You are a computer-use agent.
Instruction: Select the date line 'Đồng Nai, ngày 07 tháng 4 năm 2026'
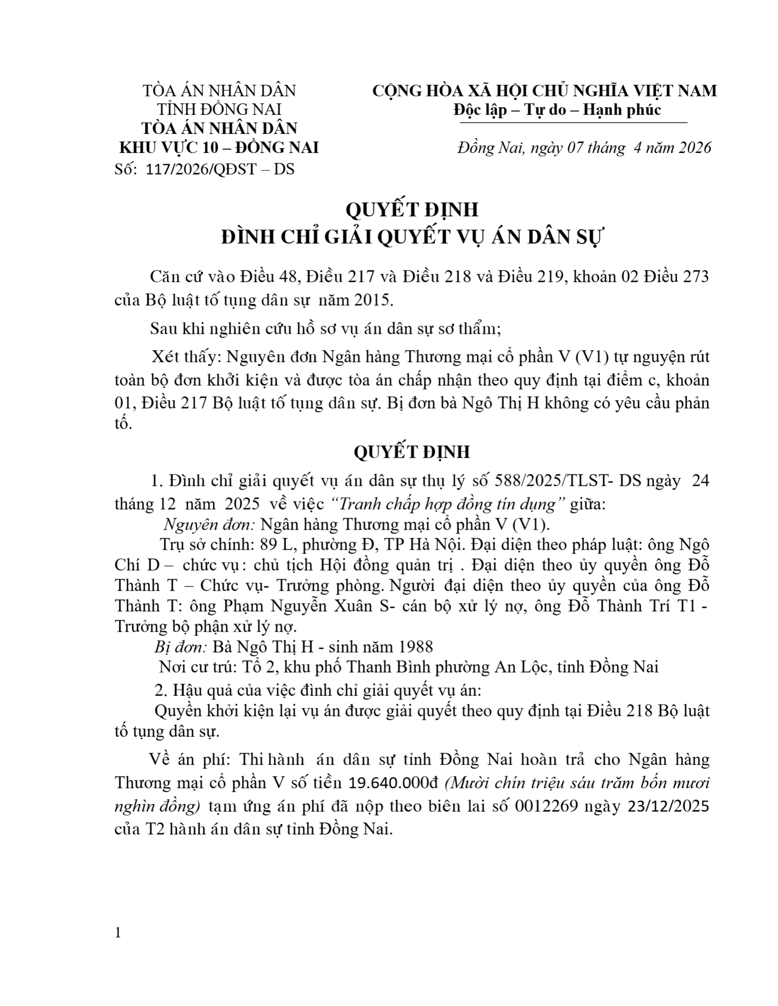tap(584, 148)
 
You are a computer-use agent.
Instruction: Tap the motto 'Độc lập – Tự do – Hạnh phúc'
tap(557, 110)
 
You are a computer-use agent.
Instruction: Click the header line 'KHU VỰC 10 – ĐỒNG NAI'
tap(219, 148)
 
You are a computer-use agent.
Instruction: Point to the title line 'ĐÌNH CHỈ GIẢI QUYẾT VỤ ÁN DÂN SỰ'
tap(412, 237)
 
